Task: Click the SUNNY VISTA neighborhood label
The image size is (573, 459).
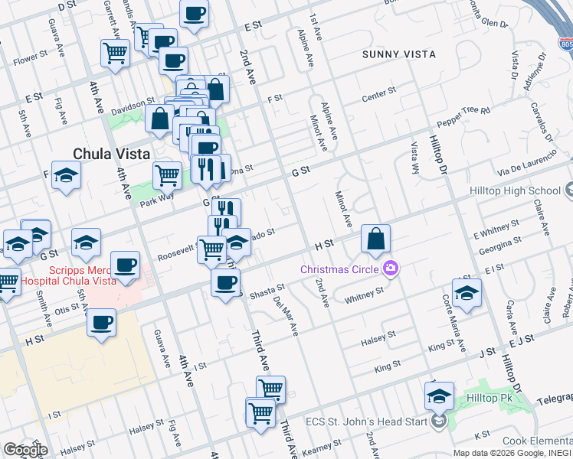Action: pos(398,54)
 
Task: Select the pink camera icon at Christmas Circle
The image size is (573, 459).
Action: pos(391,268)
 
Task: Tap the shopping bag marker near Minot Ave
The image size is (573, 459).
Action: pos(375,239)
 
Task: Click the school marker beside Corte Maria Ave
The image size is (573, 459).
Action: pos(467,292)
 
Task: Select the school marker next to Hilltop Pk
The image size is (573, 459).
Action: pos(439,396)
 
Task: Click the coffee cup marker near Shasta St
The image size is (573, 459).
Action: pos(225,283)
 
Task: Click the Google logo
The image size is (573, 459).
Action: pos(25,450)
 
